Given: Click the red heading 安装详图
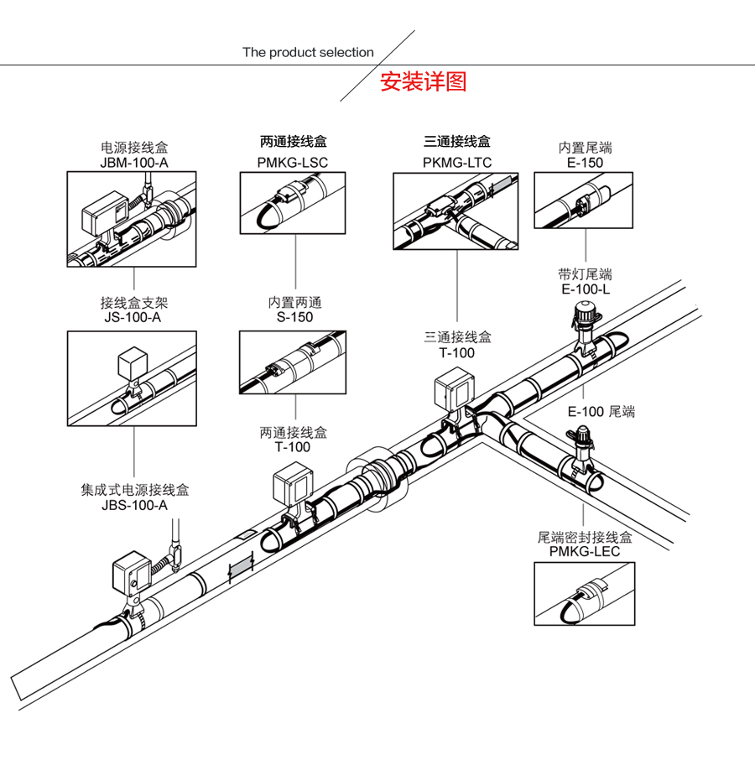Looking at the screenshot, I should [x=423, y=82].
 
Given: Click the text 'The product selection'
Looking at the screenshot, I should [x=308, y=52].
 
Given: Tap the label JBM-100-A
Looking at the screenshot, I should [x=134, y=162].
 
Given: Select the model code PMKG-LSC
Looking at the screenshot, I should [x=292, y=162].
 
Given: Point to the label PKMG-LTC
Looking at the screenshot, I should [x=457, y=162].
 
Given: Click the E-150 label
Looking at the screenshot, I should [x=585, y=162].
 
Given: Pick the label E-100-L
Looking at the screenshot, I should [x=585, y=289].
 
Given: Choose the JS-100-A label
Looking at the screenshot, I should [x=134, y=317].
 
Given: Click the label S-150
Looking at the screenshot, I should [x=294, y=317].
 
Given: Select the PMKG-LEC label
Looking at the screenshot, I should [x=585, y=551].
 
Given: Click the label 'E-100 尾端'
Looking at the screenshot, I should [x=601, y=411].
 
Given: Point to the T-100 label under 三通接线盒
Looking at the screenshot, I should [x=457, y=352].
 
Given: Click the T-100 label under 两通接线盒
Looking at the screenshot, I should [x=293, y=446].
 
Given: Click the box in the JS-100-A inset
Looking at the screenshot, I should [x=132, y=362].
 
